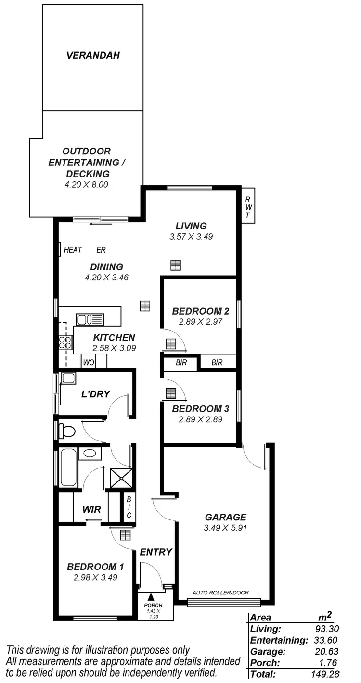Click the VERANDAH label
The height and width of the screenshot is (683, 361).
pos(93,55)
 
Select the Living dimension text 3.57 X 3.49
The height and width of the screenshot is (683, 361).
pos(191,237)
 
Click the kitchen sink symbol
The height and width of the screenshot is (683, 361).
pos(90,319)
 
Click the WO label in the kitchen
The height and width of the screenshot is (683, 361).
pos(89,362)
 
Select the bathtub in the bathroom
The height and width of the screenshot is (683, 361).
pos(67,467)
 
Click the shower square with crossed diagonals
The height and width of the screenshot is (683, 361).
pos(119,478)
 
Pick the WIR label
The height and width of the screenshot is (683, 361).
pos(91,509)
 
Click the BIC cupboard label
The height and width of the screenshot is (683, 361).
pos(129,508)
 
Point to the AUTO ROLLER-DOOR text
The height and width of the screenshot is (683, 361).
pos(220,593)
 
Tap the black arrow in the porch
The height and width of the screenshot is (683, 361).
pos(151,597)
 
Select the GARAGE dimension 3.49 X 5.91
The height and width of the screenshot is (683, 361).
pos(225,528)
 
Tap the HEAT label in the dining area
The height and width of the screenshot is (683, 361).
pos(73,250)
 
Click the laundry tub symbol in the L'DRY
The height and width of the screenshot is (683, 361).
pos(68,378)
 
